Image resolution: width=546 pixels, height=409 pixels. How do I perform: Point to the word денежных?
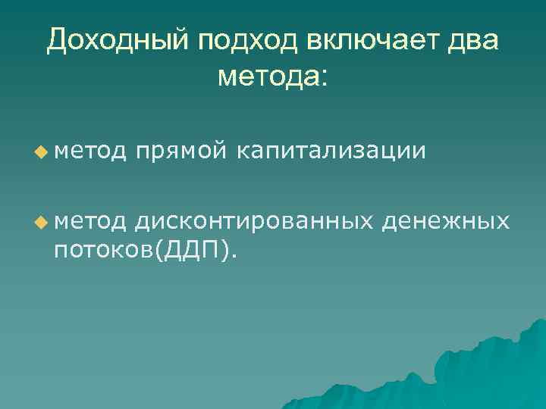click(446, 220)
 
